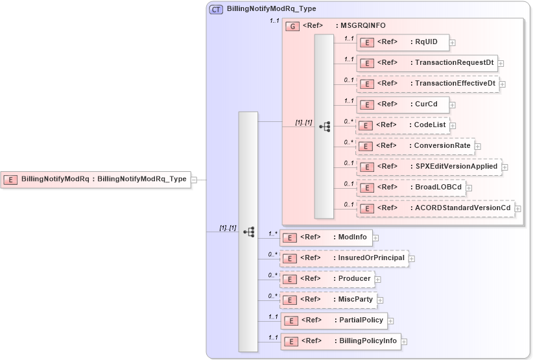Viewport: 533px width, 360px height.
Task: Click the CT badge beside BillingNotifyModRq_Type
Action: [x=216, y=10]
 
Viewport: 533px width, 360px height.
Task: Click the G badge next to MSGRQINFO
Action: [x=292, y=26]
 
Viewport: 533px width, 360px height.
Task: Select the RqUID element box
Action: [x=402, y=43]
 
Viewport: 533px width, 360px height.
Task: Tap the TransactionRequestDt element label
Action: [x=427, y=64]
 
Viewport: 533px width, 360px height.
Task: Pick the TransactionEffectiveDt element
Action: [x=428, y=84]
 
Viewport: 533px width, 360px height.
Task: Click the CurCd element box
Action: [x=402, y=104]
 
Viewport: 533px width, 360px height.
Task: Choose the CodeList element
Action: [x=401, y=125]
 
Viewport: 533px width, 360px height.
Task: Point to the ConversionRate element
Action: [x=415, y=146]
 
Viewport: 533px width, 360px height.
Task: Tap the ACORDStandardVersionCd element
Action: [x=435, y=208]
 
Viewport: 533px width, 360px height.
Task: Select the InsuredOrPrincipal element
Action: [x=344, y=258]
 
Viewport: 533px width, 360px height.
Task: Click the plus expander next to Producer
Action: [x=378, y=280]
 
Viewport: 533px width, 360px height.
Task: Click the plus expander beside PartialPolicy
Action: [x=391, y=321]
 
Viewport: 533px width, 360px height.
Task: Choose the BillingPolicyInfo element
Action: [x=340, y=341]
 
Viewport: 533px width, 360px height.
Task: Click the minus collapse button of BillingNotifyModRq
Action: [x=194, y=180]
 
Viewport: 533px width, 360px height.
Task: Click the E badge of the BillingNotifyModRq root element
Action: [x=10, y=179]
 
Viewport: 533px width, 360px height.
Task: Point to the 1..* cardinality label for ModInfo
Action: [x=273, y=234]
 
